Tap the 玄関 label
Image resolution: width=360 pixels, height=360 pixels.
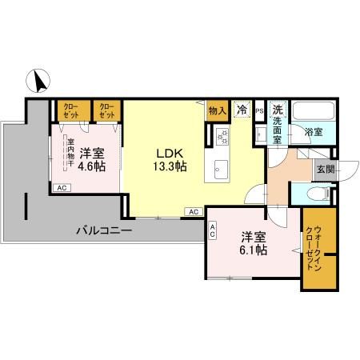tap(325, 168)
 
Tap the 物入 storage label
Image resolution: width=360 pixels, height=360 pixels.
tap(216, 110)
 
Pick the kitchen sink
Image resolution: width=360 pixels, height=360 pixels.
tap(222, 168)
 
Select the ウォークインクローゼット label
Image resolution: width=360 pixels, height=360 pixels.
tap(313, 248)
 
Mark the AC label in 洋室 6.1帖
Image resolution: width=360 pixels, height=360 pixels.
tap(212, 230)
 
